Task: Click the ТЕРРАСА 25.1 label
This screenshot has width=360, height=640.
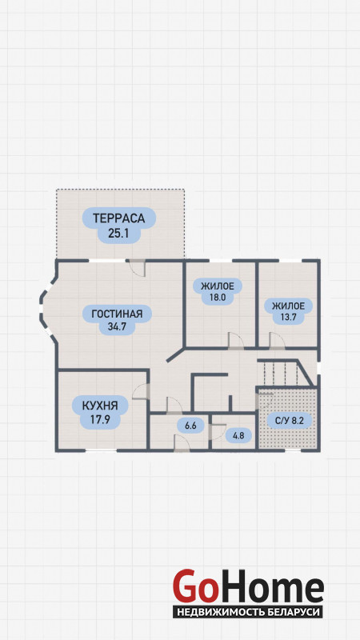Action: (x=119, y=226)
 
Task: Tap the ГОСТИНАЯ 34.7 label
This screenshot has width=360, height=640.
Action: (x=117, y=320)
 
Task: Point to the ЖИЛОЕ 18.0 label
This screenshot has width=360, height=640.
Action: (x=218, y=291)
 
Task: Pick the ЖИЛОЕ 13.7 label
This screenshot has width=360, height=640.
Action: (x=288, y=311)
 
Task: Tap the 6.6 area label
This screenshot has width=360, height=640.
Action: (x=190, y=426)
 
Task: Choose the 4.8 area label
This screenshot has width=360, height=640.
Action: (x=238, y=435)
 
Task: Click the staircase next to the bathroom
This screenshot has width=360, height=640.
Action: (x=286, y=372)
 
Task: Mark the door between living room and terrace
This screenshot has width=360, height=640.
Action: (x=135, y=268)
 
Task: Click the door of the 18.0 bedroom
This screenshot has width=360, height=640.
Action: (x=236, y=342)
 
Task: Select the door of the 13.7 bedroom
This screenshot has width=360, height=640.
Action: (x=277, y=342)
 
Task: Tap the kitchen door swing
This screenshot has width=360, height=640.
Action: (x=142, y=391)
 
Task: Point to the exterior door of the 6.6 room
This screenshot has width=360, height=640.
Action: (x=182, y=443)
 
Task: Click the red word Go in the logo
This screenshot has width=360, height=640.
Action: (x=194, y=587)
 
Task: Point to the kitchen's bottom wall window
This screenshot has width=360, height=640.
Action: (x=102, y=450)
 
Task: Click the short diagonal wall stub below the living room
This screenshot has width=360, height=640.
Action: (x=175, y=355)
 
